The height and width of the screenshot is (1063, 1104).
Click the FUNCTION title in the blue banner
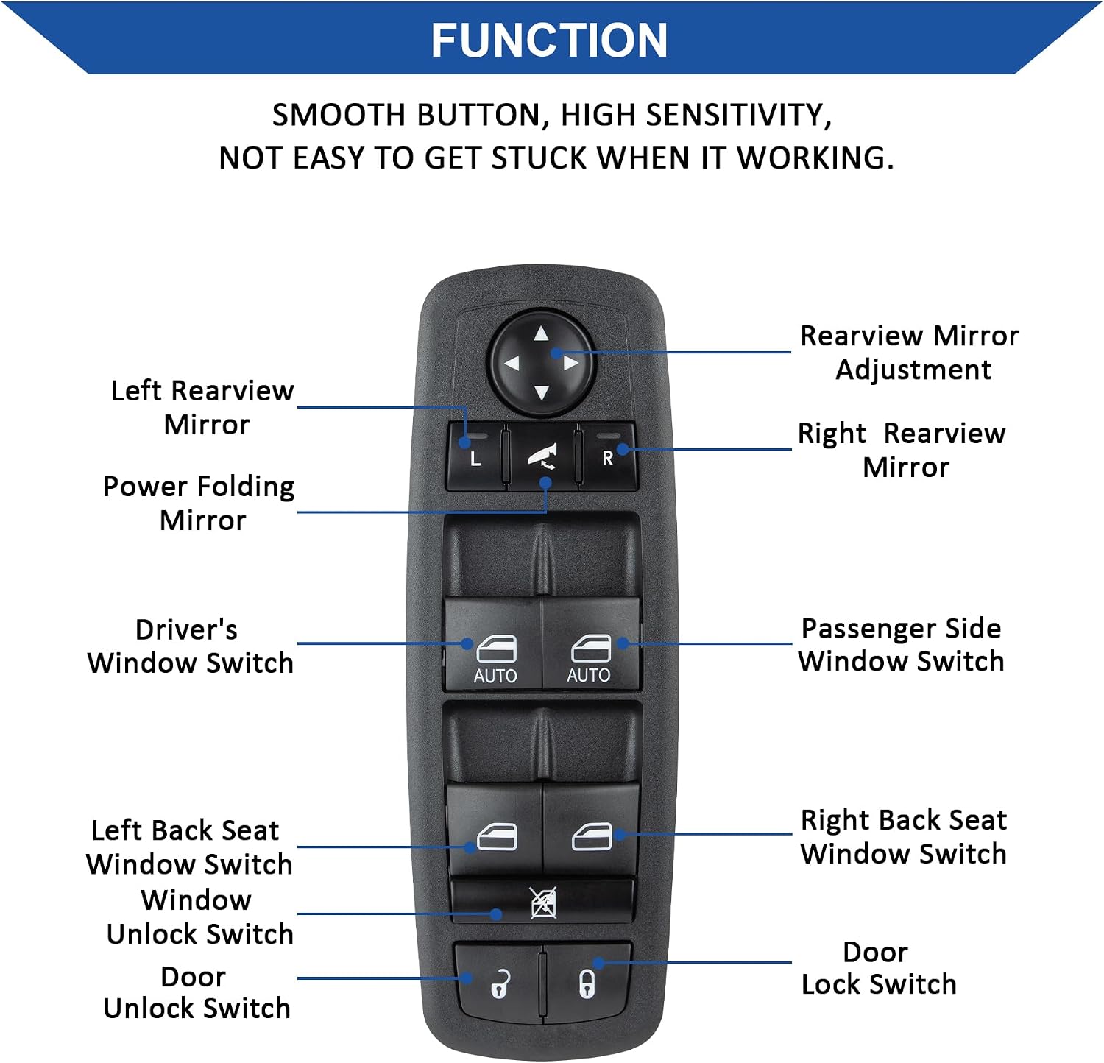[549, 40]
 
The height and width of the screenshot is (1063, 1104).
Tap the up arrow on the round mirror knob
[542, 333]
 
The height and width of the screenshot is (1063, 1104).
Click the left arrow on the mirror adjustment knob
[511, 363]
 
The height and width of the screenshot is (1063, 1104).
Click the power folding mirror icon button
[542, 456]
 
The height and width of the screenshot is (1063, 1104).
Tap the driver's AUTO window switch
[493, 643]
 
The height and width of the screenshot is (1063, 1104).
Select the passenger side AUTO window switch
[591, 643]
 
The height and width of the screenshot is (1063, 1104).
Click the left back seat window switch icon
[497, 836]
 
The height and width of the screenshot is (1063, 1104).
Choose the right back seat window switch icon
[592, 836]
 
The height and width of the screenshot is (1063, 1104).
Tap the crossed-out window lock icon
[544, 903]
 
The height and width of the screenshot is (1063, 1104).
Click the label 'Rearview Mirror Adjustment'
[910, 353]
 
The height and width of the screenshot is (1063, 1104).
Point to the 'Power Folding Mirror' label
[199, 504]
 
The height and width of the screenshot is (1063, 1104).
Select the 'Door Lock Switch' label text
[879, 968]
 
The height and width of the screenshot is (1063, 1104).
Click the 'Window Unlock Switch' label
[199, 917]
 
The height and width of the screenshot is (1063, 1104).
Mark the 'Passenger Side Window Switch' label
[902, 645]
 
